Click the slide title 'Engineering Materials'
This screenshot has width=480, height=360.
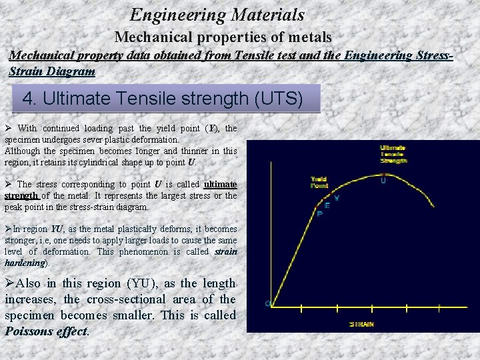pos(217,15)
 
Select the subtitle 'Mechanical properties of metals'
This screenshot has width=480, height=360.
pos(223,37)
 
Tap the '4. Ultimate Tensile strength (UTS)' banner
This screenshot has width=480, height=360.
pos(163,99)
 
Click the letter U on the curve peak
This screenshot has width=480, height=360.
pos(383,180)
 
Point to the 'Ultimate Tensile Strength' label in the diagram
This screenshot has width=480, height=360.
pos(393,154)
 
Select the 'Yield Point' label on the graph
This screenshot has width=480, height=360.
pos(319,182)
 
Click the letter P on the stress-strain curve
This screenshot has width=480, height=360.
pos(319,214)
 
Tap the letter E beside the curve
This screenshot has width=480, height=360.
pos(327,205)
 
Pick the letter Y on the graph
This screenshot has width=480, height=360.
pos(336,198)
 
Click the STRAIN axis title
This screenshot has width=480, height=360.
pos(361,324)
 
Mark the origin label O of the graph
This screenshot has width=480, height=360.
pos(268,304)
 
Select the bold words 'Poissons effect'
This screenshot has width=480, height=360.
pos(46,331)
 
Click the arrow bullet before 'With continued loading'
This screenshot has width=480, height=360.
pos(9,128)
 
